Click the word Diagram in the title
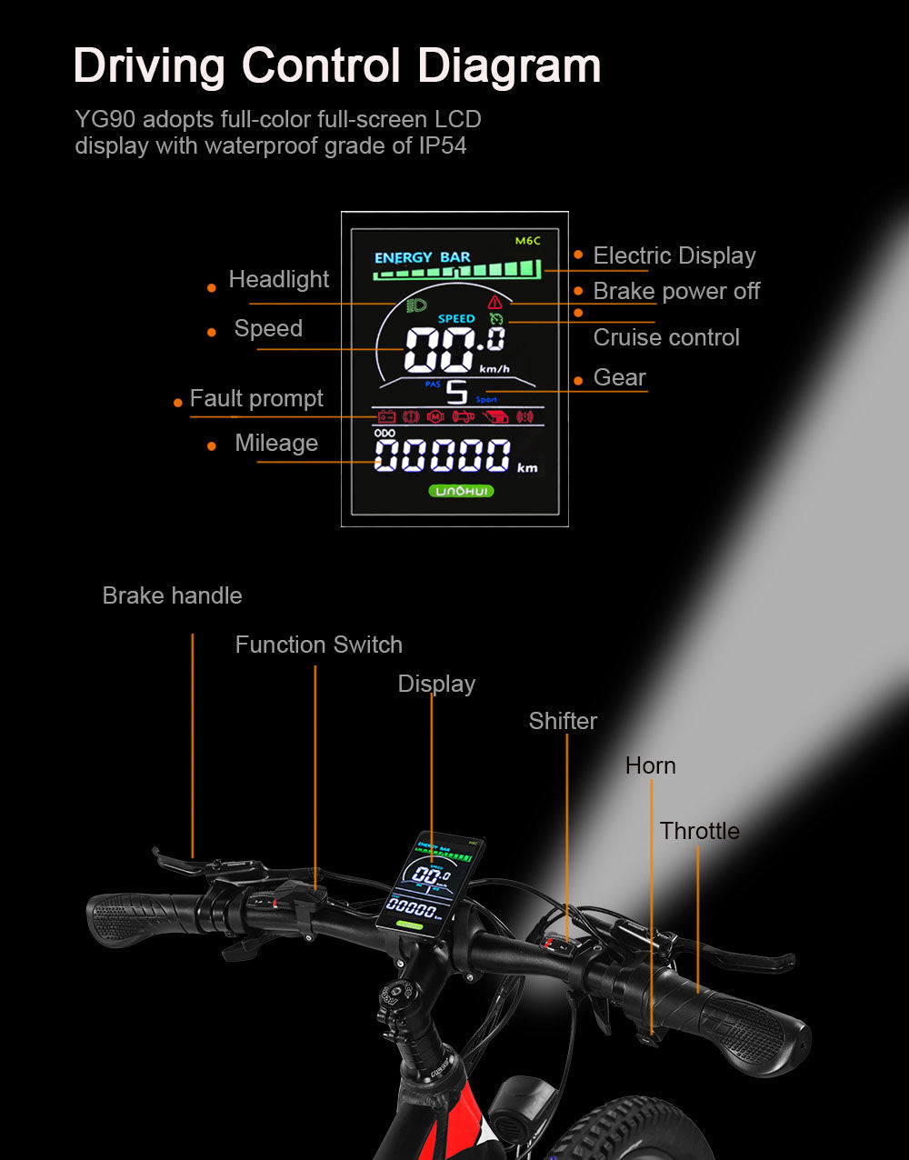pos(509,65)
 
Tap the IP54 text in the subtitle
pos(443,145)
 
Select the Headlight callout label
pos(278,279)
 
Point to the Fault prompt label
pos(256,398)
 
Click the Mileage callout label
pos(276,443)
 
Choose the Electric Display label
pos(674,255)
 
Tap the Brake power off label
pos(676,291)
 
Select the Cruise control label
pos(666,337)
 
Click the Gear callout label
pos(619,377)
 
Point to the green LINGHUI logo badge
pos(462,491)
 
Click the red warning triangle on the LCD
pos(494,302)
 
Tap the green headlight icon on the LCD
pos(418,305)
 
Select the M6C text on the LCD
pos(527,241)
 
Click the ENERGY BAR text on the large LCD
pos(422,257)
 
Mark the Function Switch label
pos(318,645)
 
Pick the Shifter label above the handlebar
pos(563,721)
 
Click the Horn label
pos(650,765)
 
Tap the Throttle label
pos(699,831)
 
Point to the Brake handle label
pos(172,595)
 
